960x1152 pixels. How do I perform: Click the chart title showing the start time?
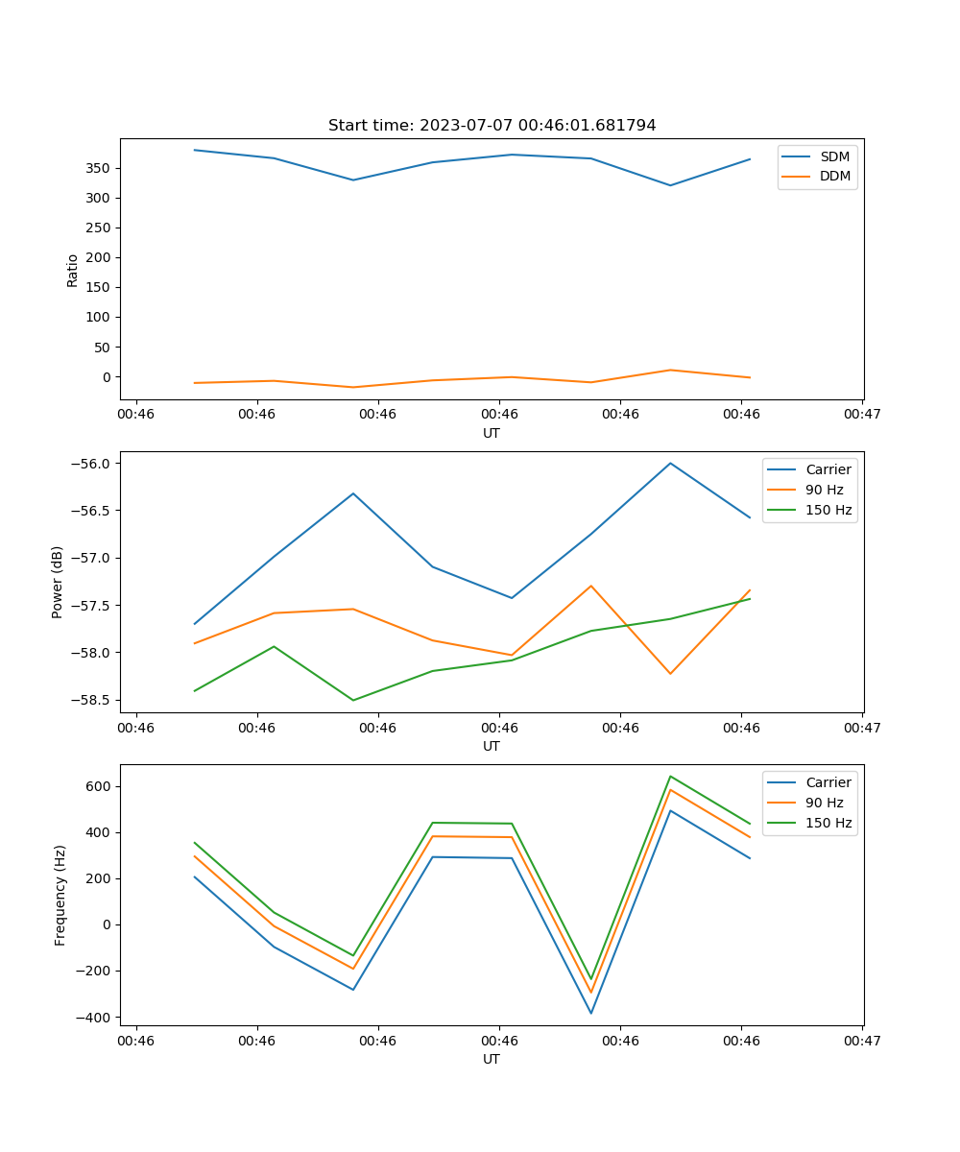[492, 126]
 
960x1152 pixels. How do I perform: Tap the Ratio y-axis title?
[72, 269]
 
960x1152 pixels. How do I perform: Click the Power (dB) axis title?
[58, 582]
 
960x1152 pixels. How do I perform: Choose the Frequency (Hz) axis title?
[60, 895]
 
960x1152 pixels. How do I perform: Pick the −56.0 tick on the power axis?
[91, 464]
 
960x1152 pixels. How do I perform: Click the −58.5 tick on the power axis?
[91, 700]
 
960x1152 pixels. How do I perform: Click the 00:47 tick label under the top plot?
[862, 415]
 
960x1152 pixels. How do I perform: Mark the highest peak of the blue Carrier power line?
[670, 463]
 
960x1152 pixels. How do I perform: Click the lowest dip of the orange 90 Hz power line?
[670, 674]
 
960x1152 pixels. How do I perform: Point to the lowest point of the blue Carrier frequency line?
[590, 1013]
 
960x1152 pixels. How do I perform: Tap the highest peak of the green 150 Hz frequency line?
[670, 776]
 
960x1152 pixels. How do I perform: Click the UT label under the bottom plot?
[492, 1059]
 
